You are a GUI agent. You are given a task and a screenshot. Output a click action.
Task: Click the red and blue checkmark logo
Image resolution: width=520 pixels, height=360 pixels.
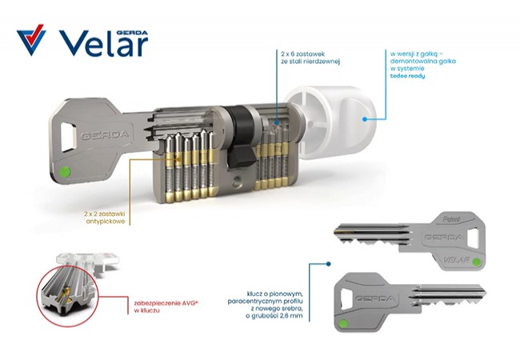pyautogui.click(x=31, y=39)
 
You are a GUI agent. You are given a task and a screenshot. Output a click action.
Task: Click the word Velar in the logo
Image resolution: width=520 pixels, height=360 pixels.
pyautogui.click(x=103, y=45)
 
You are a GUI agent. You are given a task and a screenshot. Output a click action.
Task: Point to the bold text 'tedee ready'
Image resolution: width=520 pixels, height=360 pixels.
pyautogui.click(x=407, y=76)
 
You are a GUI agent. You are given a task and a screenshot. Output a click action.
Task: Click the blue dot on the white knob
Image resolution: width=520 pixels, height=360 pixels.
pyautogui.click(x=365, y=118)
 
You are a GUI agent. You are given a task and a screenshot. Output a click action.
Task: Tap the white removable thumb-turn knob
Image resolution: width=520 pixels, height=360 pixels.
pyautogui.click(x=332, y=122)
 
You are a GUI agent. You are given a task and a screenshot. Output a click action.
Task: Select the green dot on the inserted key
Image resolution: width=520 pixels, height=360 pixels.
pyautogui.click(x=65, y=172)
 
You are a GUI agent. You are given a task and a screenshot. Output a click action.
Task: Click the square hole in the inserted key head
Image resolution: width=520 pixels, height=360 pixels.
pyautogui.click(x=69, y=137)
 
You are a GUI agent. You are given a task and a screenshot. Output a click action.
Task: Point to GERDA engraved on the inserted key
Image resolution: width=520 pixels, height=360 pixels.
pyautogui.click(x=105, y=135)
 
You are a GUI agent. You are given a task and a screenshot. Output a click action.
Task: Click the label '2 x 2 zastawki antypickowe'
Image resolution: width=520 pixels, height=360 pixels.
pyautogui.click(x=106, y=218)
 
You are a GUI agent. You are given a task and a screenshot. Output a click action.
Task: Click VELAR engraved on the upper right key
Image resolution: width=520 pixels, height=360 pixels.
pyautogui.click(x=457, y=259)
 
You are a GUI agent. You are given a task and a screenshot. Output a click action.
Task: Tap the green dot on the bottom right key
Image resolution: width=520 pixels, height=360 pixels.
pyautogui.click(x=343, y=323)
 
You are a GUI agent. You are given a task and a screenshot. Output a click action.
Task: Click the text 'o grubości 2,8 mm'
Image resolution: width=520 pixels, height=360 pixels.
pyautogui.click(x=274, y=316)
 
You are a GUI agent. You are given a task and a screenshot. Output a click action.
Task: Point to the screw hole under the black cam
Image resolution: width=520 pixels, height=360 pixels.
pyautogui.click(x=237, y=181)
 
